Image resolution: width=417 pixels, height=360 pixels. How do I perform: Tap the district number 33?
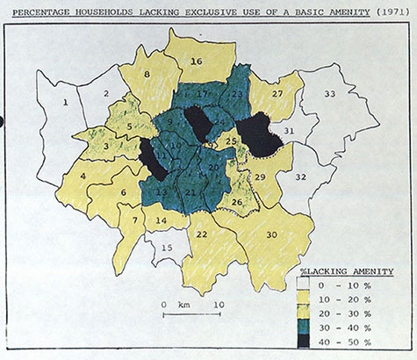pyautogui.click(x=329, y=93)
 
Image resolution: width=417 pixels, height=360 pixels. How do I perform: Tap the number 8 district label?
pyautogui.click(x=147, y=76)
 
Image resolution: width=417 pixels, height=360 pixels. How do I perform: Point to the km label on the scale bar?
pyautogui.click(x=183, y=306)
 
